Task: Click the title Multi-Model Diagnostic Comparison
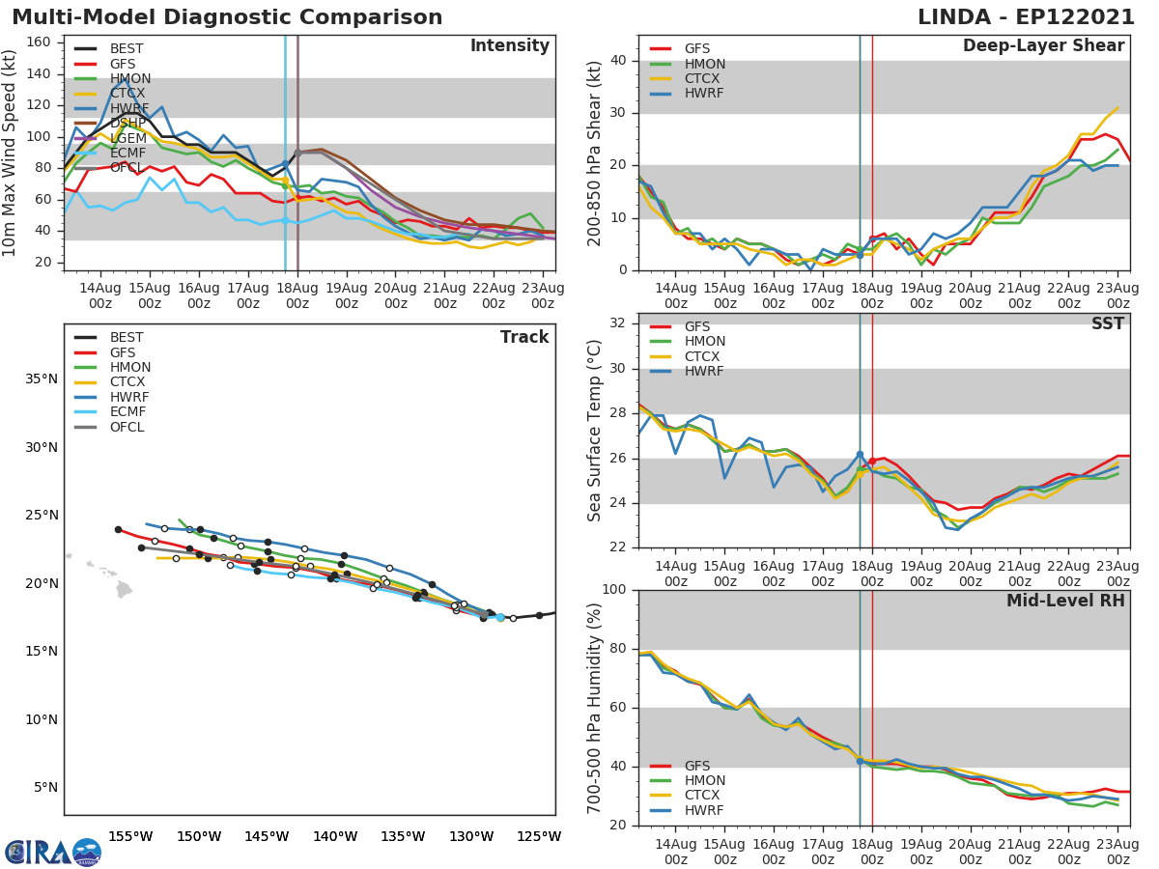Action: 227,17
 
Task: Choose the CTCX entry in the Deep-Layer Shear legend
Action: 703,79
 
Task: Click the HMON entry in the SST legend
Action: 703,342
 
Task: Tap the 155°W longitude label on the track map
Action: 130,836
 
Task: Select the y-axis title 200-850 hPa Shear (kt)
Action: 595,153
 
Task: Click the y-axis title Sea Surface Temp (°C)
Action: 595,431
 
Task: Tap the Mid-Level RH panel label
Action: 1065,601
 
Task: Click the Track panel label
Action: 524,337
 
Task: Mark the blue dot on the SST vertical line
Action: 860,455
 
